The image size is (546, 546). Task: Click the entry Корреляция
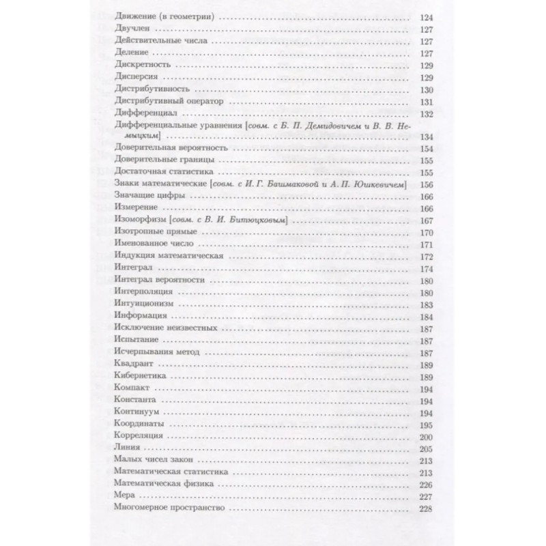point(136,435)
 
